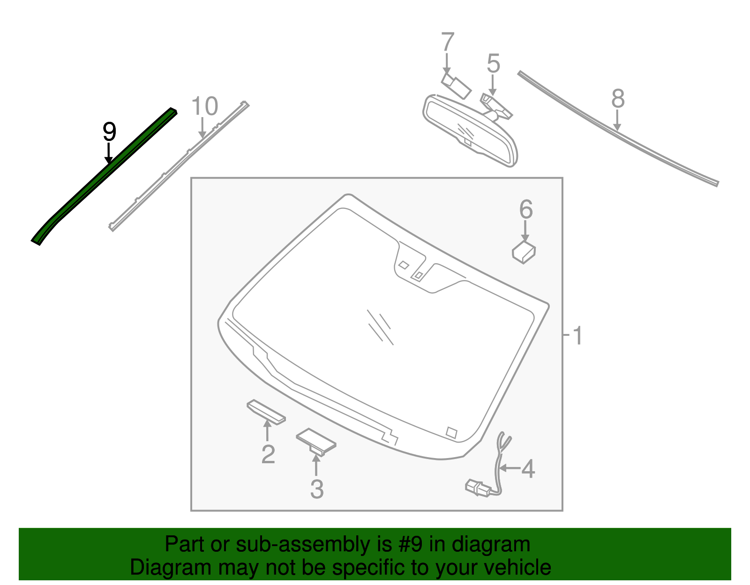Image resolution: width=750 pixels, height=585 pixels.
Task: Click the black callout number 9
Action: click(109, 132)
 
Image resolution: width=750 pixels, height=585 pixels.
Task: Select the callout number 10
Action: click(205, 107)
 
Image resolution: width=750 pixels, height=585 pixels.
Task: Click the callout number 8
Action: click(618, 99)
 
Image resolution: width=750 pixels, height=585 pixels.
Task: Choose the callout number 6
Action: click(526, 209)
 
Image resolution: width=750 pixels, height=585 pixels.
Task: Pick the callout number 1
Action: click(577, 336)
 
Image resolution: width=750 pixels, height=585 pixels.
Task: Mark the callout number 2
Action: click(268, 454)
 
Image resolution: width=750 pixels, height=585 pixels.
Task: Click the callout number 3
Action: click(317, 489)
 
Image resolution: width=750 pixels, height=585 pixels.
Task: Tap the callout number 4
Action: click(528, 469)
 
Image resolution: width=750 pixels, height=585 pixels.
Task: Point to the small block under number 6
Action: click(524, 252)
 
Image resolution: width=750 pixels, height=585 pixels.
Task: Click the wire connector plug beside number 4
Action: click(477, 488)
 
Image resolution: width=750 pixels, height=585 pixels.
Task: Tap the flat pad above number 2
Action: click(266, 412)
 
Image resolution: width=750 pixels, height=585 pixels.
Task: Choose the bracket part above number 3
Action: click(316, 441)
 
